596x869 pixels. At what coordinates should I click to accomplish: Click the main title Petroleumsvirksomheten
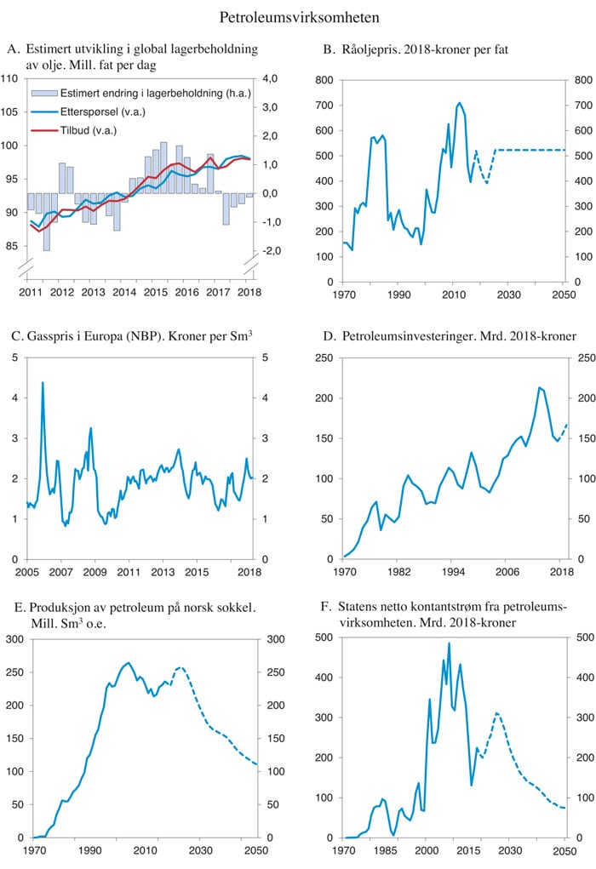(x=299, y=17)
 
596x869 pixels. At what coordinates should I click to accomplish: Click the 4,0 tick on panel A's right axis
(x=271, y=79)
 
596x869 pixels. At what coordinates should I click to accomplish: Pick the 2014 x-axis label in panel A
(x=124, y=292)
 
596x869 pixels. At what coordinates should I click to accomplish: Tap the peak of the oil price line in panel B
(x=460, y=103)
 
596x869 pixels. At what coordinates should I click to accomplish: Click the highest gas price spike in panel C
(x=43, y=383)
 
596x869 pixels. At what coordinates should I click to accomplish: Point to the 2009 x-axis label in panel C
(x=95, y=570)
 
